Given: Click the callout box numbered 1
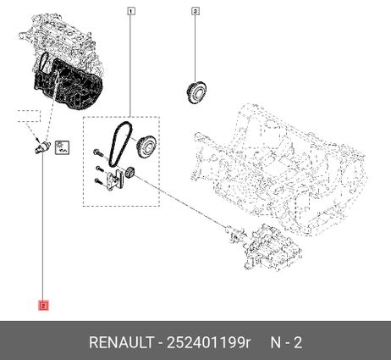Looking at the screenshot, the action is tap(130, 11).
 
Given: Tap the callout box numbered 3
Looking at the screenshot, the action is tap(195, 11).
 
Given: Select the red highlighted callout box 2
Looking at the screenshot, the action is tap(43, 306).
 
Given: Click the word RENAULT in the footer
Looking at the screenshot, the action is tap(122, 343).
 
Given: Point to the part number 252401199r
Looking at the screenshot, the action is tap(208, 343).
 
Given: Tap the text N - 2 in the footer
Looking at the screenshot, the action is tap(286, 343).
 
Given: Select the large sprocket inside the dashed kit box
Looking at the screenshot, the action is tap(147, 147).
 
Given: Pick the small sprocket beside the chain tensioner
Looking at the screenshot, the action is tap(130, 173).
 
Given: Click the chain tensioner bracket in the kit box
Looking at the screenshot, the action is tap(114, 180).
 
